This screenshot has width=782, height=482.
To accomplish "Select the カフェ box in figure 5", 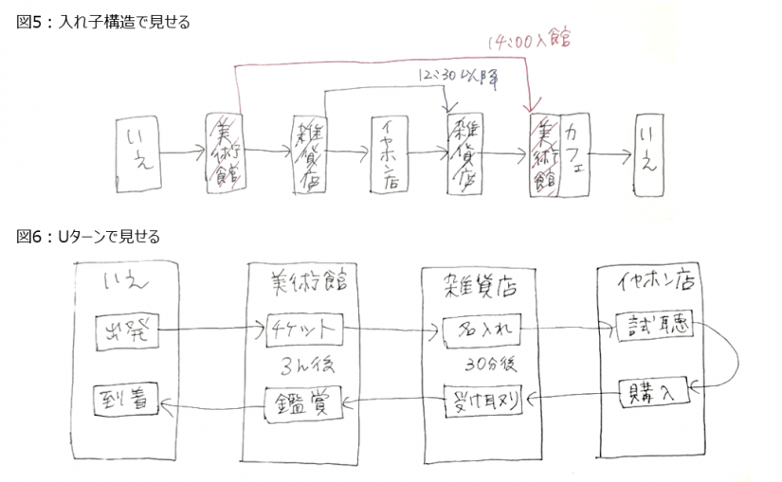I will point(575,155).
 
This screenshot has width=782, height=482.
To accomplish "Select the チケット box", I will point(302,330).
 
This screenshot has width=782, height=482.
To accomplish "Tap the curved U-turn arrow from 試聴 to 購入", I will point(731,356).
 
